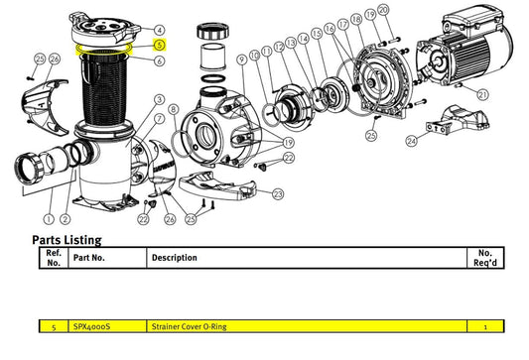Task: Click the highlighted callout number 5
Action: point(160,45)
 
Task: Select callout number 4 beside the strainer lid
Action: point(160,30)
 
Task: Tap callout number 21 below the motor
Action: point(482,94)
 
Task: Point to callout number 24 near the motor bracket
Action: point(411,141)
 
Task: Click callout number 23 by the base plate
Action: point(278,194)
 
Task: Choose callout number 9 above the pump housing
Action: point(241,60)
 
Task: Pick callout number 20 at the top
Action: point(383,10)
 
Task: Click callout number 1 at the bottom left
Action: point(49,219)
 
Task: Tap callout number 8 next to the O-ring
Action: point(174,109)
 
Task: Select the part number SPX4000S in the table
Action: point(91,326)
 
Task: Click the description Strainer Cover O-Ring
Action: point(189,326)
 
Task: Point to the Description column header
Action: point(174,258)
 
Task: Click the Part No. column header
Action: point(89,258)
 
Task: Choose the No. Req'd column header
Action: point(485,258)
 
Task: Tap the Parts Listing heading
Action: point(66,240)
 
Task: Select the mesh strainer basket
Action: point(104,87)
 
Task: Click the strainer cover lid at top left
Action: point(105,30)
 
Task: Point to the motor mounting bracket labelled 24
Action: point(458,121)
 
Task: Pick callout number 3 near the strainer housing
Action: point(159,100)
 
